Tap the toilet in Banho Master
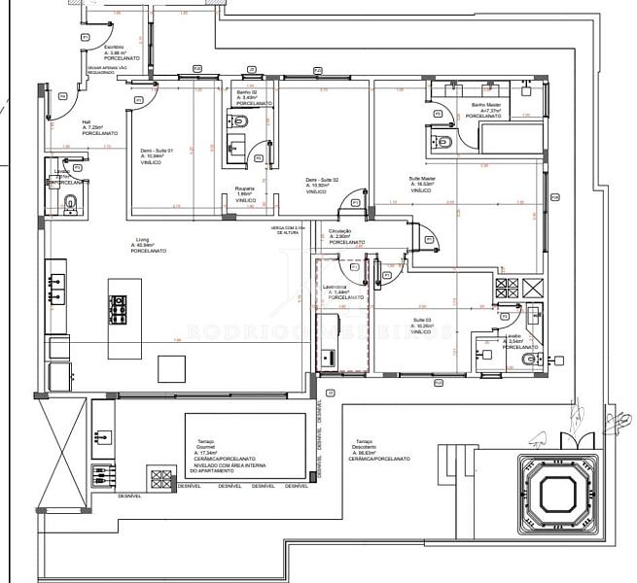(445, 142)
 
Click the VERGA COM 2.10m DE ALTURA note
(288, 230)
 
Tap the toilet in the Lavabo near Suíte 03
(527, 360)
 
